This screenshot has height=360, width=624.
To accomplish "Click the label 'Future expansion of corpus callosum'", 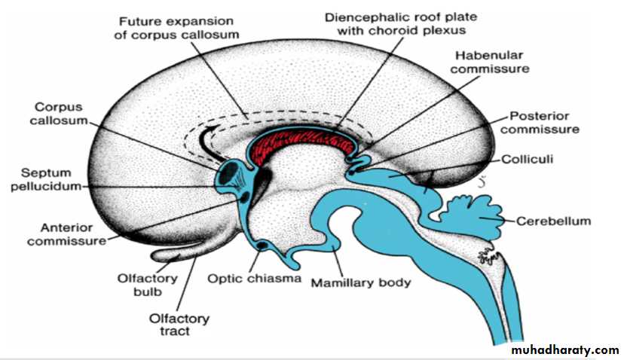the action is tap(176, 28).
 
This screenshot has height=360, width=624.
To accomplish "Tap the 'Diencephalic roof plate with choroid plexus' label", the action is tap(401, 23).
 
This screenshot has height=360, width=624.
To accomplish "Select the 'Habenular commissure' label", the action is tap(490, 62).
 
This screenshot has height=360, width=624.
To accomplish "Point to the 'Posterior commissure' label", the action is tap(540, 123).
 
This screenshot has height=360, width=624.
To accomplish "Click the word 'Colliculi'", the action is tap(527, 159).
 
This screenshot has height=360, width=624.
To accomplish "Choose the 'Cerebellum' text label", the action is tap(553, 221).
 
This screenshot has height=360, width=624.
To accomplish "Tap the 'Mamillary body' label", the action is tap(360, 283).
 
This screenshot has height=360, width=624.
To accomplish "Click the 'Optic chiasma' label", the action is tap(254, 278).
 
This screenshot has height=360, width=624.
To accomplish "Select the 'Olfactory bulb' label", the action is tap(147, 285).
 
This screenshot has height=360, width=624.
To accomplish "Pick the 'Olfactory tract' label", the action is tap(179, 325).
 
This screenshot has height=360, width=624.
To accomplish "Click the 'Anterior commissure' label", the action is tap(66, 234).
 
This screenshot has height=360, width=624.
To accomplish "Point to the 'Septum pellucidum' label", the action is tap(46, 179).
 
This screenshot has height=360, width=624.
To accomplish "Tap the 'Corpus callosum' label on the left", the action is tap(59, 114).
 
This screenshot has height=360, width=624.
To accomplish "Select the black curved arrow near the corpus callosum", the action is tap(205, 142).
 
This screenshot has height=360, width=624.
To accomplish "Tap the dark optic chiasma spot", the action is tap(262, 246).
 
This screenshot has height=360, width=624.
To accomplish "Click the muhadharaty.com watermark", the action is tap(565, 350).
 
